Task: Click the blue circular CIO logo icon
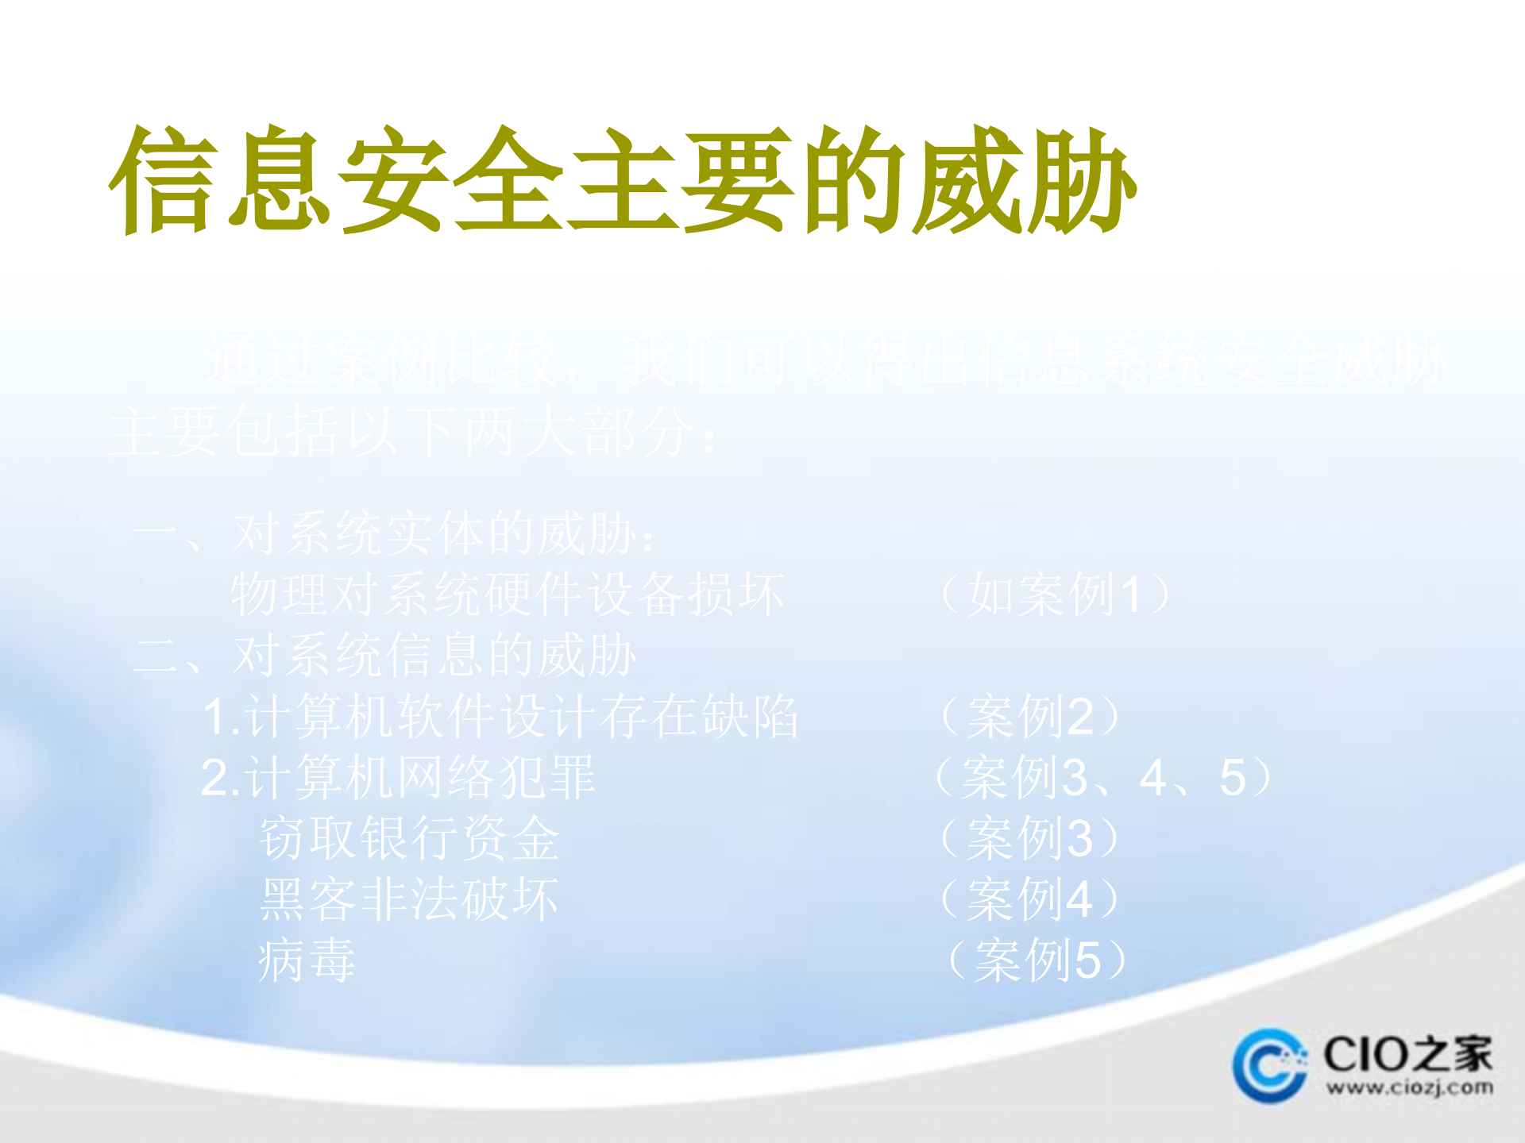click(x=1268, y=1065)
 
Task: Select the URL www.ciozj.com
click(x=1408, y=1087)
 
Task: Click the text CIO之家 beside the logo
click(x=1407, y=1054)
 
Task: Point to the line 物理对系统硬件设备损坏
click(x=507, y=595)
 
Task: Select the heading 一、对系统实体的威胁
click(x=395, y=533)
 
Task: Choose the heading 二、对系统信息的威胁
click(x=385, y=656)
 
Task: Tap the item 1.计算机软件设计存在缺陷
click(x=500, y=717)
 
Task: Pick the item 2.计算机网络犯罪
click(x=398, y=778)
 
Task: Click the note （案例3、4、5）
click(x=1104, y=778)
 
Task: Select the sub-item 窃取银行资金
click(x=409, y=838)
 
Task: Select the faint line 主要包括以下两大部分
click(x=413, y=433)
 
